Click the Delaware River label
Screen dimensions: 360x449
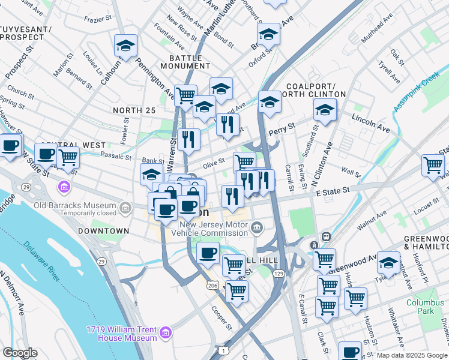click(x=43, y=262)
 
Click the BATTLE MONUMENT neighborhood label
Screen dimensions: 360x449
click(x=185, y=62)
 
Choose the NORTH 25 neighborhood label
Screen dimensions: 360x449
click(x=134, y=110)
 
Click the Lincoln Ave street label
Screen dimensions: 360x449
click(x=370, y=123)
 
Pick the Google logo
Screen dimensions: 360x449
click(x=20, y=352)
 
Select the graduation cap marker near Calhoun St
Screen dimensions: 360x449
click(x=125, y=45)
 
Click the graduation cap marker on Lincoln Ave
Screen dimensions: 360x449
click(x=325, y=110)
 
